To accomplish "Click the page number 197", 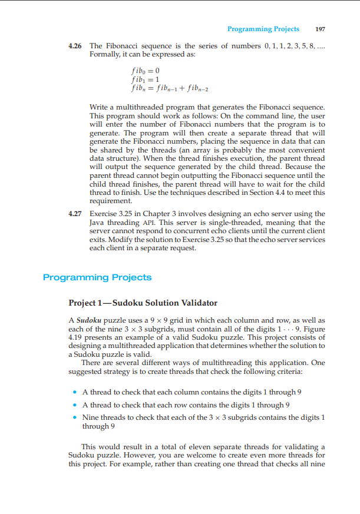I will pos(321,29).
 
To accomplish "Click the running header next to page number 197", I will pos(263,29).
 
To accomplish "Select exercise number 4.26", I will pos(76,46).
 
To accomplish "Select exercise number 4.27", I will pos(76,214).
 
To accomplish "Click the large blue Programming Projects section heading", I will pos(97,277).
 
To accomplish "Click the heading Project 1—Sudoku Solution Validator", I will pos(143,303).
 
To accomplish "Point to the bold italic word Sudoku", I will pos(88,320).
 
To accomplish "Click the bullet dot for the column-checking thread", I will pos(73,392).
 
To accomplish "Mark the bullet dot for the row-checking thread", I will pos(73,404).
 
